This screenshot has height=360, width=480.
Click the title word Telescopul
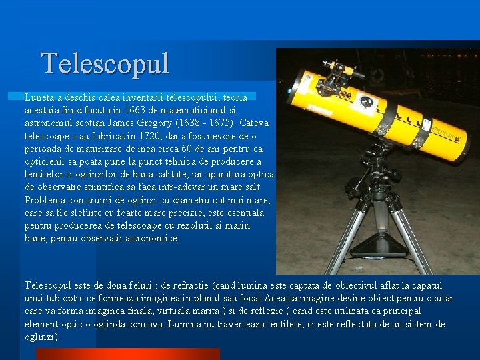[x=105, y=64]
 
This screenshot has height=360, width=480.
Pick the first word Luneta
[x=39, y=97]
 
